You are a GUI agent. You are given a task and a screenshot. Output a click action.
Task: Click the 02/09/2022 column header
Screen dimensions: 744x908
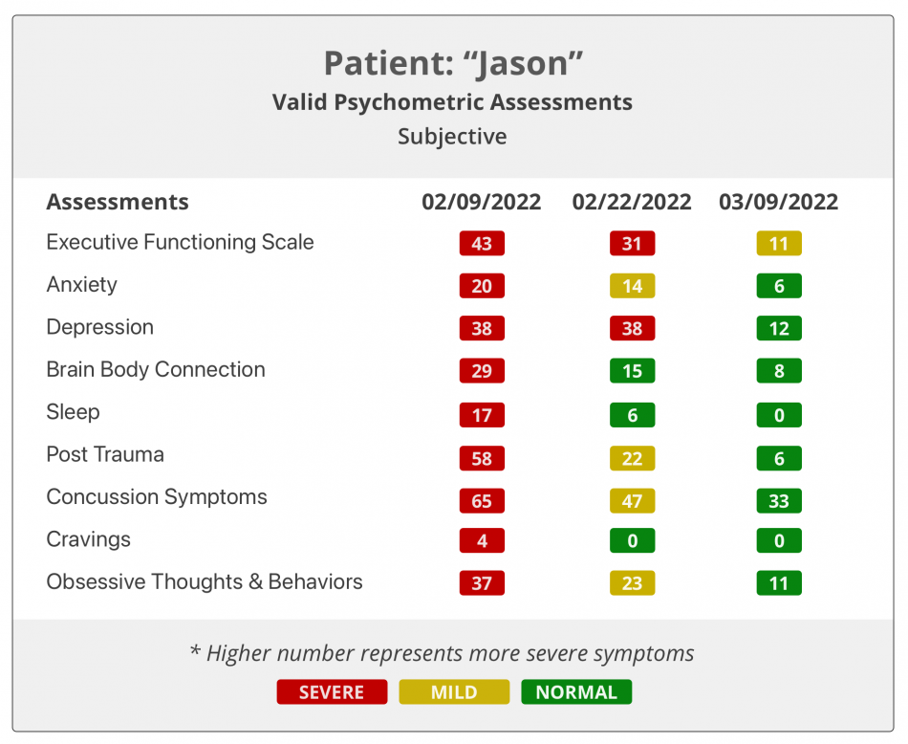482,202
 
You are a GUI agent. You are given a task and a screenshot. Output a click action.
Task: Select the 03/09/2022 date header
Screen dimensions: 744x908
779,202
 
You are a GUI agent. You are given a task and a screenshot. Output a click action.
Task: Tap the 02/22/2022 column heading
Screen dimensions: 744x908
632,202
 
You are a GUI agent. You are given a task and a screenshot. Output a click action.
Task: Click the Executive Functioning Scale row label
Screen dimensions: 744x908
180,242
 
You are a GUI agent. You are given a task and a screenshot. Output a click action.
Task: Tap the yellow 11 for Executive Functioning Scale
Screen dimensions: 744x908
779,244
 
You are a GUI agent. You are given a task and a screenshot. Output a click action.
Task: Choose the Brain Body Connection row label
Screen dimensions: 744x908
156,369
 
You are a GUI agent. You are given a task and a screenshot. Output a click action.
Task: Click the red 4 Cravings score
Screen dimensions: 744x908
482,540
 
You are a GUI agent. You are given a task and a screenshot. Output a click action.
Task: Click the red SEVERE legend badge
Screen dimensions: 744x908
332,691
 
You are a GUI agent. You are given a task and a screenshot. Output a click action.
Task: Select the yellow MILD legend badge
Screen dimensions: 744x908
454,691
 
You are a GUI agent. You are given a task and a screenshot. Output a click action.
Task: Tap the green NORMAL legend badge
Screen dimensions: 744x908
576,691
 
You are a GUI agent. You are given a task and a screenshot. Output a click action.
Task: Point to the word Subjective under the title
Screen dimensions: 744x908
452,136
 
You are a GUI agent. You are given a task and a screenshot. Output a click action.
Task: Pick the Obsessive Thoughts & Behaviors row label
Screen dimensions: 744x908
205,581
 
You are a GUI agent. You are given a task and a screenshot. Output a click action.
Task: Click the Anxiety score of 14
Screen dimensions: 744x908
632,286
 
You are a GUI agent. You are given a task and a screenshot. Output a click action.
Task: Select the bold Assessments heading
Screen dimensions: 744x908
118,202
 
